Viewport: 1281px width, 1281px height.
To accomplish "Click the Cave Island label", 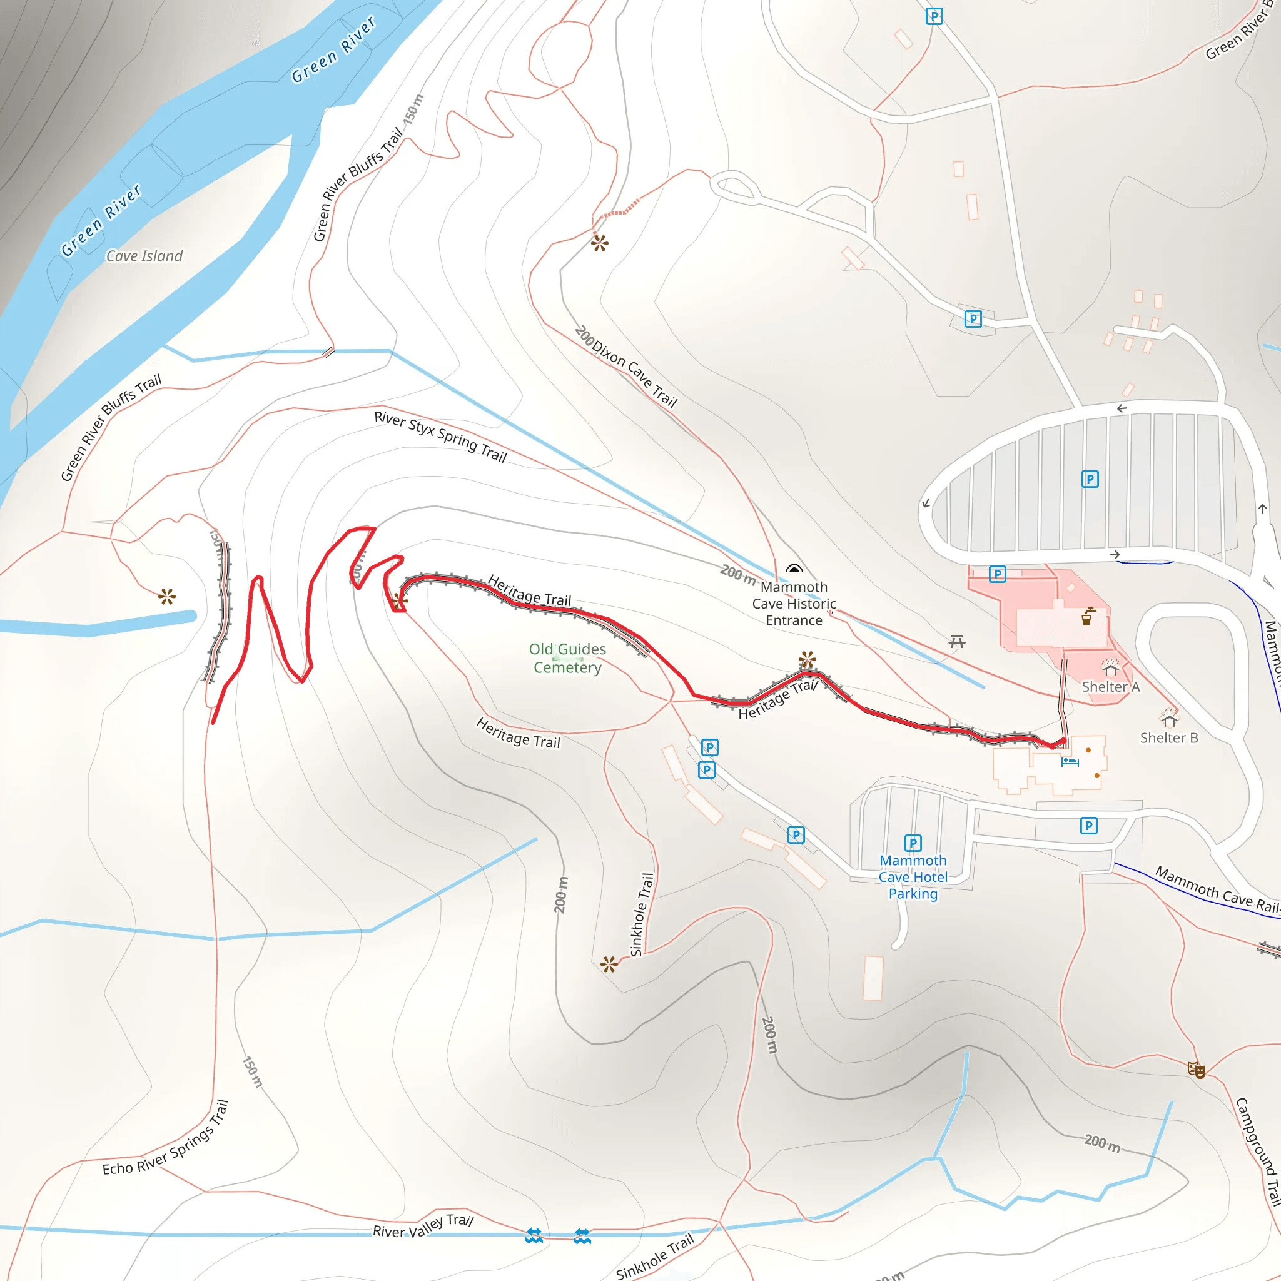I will click(x=144, y=256).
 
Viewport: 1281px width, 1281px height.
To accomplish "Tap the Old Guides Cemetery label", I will click(x=567, y=658).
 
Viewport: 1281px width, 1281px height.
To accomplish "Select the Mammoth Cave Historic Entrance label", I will click(x=794, y=604).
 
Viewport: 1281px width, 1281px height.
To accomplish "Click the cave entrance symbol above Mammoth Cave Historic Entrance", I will click(x=794, y=569).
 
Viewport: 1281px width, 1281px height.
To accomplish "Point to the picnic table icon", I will click(x=956, y=641).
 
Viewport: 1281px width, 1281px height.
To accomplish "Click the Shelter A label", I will click(x=1111, y=687).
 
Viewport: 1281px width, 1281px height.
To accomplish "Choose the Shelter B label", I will click(x=1169, y=738).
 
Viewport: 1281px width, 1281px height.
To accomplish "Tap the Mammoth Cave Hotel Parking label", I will click(x=913, y=876).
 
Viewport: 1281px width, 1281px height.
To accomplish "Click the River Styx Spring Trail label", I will click(x=440, y=437).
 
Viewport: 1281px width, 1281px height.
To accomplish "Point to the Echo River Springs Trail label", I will click(x=166, y=1139).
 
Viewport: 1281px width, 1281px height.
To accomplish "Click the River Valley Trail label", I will click(x=422, y=1227).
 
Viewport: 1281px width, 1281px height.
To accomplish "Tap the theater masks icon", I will click(x=1195, y=1070).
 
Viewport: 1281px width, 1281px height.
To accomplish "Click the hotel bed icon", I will click(x=1070, y=762).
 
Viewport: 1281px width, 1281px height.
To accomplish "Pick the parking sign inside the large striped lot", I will click(x=1090, y=478).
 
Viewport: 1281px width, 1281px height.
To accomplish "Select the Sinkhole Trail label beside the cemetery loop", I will click(x=641, y=914).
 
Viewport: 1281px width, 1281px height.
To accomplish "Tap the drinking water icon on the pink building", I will click(x=1087, y=617).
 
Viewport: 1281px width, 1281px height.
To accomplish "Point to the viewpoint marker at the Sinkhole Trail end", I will click(x=609, y=964).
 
